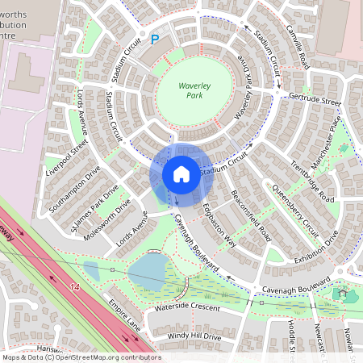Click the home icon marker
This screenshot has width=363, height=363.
pos(181,174)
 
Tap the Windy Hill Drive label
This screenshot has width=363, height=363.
pos(194,336)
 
